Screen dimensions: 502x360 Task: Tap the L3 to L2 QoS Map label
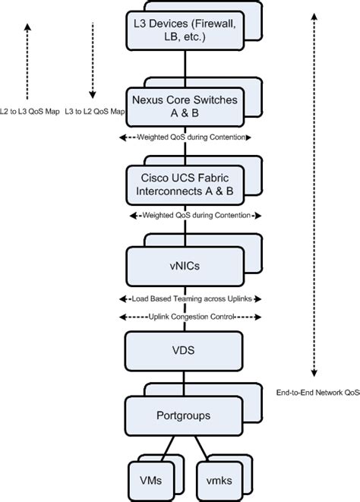click(x=96, y=112)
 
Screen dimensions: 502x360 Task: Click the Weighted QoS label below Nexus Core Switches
click(x=186, y=137)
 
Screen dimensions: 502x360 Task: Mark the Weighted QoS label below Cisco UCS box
click(x=186, y=216)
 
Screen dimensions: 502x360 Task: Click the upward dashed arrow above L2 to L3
click(x=27, y=61)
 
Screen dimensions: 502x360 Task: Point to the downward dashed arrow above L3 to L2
click(x=92, y=61)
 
